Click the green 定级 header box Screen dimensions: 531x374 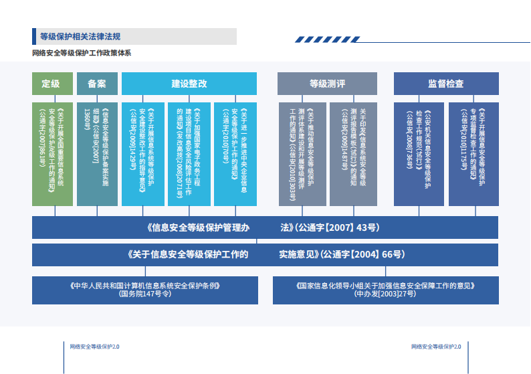coord(51,84)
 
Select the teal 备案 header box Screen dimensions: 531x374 coord(97,84)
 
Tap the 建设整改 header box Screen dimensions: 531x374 coord(189,84)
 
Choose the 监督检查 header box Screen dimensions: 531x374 coord(445,84)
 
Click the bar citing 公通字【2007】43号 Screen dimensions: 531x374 coord(265,227)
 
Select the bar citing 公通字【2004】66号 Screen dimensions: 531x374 coord(265,254)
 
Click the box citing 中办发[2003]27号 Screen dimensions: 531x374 coord(385,289)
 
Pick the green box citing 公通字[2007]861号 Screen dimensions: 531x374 coord(51,154)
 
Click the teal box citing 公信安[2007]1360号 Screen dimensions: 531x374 coord(97,154)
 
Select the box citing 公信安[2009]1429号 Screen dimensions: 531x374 coord(142,154)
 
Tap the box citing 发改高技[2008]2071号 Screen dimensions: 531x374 coord(189,154)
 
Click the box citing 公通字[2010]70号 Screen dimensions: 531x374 coord(235,154)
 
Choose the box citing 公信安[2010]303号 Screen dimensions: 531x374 coord(302,154)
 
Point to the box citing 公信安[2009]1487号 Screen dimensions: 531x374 coord(353,154)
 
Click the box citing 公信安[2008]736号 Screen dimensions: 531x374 coord(419,154)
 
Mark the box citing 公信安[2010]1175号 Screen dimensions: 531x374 coord(473,154)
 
